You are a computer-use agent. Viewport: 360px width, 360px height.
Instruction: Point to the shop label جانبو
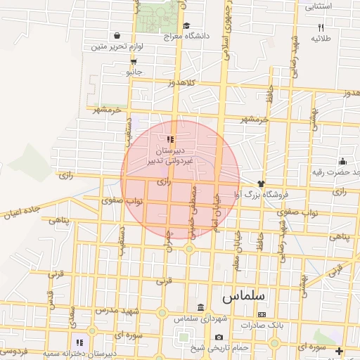pyautogui.click(x=134, y=72)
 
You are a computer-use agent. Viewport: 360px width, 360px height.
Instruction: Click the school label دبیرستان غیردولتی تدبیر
pyautogui.click(x=169, y=155)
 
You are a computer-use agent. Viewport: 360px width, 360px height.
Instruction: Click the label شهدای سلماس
pyautogui.click(x=201, y=319)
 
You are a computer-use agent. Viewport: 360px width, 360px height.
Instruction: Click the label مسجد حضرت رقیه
pyautogui.click(x=336, y=172)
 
